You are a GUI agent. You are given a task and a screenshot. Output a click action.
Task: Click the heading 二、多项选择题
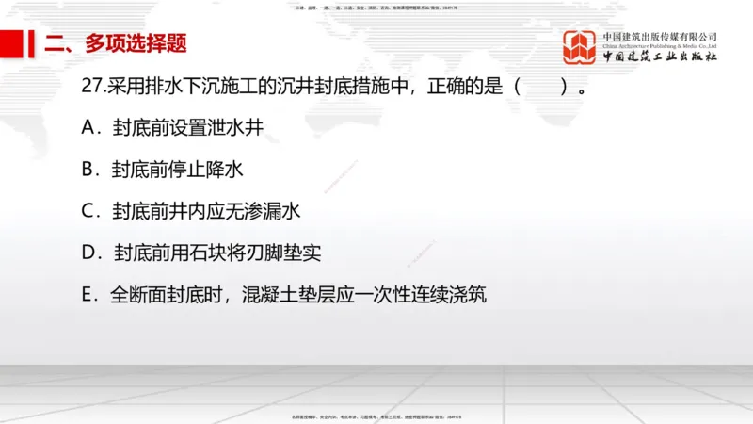point(117,43)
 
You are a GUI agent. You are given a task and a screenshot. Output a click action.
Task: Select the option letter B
point(90,170)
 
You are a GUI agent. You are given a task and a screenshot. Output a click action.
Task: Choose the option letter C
point(90,212)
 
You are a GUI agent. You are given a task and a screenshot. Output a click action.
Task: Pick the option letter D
point(91,253)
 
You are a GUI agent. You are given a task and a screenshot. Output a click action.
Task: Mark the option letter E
point(89,295)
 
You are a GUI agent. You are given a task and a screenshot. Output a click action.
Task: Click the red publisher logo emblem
point(580,46)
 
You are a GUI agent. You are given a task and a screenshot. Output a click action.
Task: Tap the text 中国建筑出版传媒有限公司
point(660,36)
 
